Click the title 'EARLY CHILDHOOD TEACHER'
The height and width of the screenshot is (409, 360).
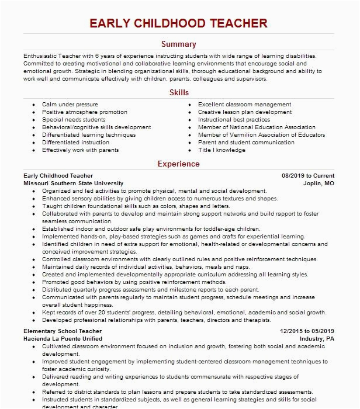click(179, 23)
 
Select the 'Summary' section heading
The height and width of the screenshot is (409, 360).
click(179, 44)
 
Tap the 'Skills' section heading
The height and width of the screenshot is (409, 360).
click(179, 93)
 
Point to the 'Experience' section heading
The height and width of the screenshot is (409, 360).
click(179, 164)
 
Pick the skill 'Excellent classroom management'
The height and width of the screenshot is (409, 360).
click(244, 105)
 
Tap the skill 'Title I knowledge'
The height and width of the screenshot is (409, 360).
click(221, 150)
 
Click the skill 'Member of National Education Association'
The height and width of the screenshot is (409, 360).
click(257, 127)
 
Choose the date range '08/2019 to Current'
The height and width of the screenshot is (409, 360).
click(307, 175)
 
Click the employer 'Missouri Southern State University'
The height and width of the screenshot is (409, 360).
click(73, 183)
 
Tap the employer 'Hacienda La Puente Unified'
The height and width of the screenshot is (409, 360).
click(63, 339)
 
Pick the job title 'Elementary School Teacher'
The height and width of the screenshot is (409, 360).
click(63, 331)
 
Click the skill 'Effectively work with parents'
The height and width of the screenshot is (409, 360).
click(80, 150)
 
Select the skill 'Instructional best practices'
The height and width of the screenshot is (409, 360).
click(234, 120)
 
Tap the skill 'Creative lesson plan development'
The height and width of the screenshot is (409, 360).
click(244, 112)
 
